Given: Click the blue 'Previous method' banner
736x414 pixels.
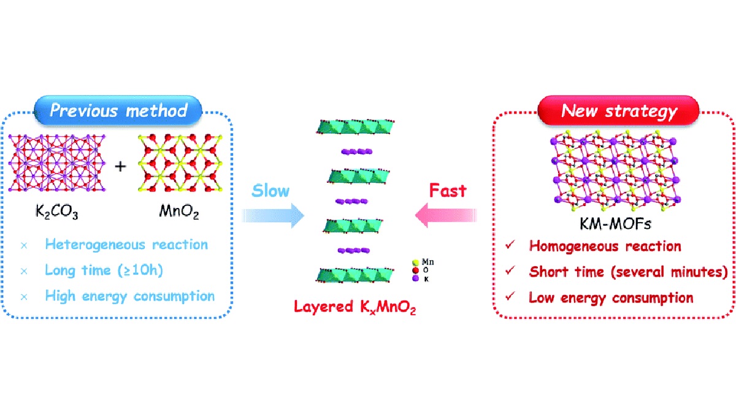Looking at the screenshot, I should tap(118, 111).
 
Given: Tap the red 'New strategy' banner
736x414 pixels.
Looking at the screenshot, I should tap(619, 112).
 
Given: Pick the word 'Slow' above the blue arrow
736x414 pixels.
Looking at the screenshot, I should tap(270, 191).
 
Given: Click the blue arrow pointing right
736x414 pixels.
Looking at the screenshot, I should tap(274, 216).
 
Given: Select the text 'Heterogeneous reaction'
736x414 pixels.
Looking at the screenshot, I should tap(126, 245).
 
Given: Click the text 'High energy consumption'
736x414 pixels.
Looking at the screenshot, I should tap(129, 296).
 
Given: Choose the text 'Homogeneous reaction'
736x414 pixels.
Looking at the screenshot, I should tap(604, 247).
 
